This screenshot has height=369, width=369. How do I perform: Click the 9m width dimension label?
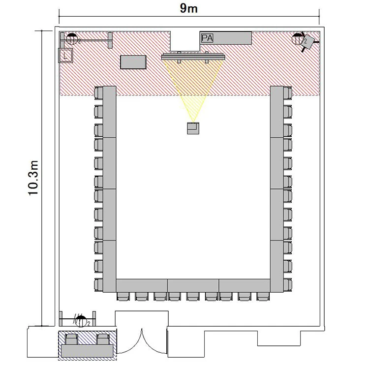[188, 8]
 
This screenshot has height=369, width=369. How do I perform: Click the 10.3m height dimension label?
[33, 178]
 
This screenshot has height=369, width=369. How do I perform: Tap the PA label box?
[207, 38]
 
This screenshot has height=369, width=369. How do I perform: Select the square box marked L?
[65, 56]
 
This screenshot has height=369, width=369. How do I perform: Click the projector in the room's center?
[193, 128]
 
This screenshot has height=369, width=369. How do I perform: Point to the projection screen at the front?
[193, 57]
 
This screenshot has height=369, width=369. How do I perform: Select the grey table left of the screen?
[133, 62]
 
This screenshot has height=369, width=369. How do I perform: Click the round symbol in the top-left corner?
[72, 39]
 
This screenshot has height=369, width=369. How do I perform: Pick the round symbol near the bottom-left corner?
[81, 321]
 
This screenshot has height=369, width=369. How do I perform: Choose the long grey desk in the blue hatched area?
[87, 351]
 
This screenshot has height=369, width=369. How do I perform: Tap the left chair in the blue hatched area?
[72, 339]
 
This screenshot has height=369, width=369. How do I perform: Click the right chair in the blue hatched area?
[103, 339]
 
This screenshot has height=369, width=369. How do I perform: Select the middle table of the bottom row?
[193, 286]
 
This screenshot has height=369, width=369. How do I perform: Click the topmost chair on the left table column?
[98, 92]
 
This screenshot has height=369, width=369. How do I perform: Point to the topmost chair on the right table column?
[288, 92]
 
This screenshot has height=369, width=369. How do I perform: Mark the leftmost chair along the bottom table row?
[123, 296]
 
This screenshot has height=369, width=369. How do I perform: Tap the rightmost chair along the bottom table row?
[263, 296]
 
